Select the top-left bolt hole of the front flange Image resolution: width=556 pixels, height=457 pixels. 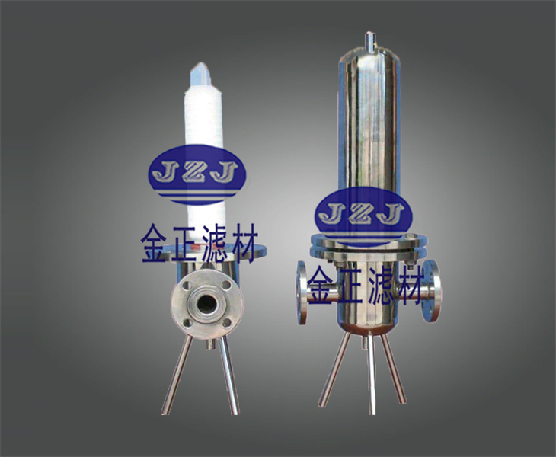189,285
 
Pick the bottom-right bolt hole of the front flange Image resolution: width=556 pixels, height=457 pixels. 226,322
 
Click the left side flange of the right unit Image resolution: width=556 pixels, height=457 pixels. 302,292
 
